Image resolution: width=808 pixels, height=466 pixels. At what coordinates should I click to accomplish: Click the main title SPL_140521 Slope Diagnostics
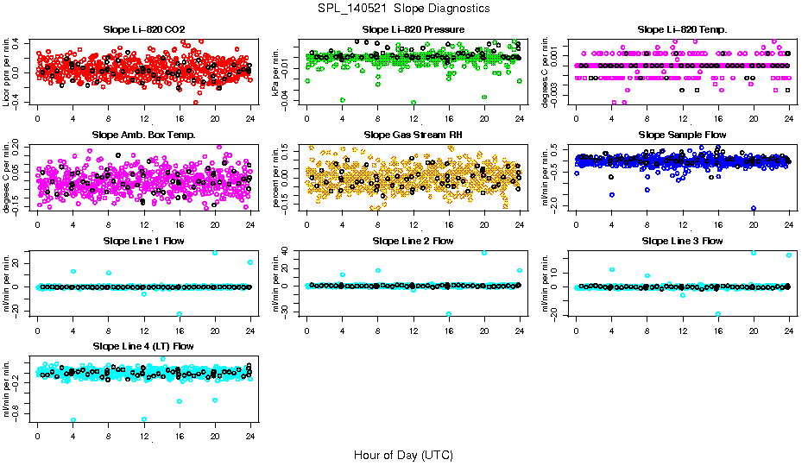[404, 9]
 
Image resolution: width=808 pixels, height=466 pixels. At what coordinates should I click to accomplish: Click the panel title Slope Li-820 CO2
[143, 29]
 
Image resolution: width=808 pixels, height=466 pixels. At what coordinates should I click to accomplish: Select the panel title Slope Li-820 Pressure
[413, 29]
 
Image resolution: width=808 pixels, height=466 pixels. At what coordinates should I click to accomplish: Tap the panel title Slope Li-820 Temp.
[682, 29]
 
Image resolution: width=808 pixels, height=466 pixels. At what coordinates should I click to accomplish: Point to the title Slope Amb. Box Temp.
[143, 135]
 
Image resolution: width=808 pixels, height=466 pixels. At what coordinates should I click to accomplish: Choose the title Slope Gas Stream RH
[413, 135]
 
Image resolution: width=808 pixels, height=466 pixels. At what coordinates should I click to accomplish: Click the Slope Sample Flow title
[682, 135]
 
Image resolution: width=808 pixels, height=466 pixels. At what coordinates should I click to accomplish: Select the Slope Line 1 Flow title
[143, 241]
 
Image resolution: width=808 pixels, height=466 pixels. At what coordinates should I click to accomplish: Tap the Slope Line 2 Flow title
[413, 241]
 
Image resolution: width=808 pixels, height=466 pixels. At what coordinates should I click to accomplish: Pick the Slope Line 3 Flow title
[682, 241]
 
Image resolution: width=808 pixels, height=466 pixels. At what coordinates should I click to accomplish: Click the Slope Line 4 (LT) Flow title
[143, 346]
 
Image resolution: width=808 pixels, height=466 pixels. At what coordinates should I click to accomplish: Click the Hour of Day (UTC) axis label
[403, 455]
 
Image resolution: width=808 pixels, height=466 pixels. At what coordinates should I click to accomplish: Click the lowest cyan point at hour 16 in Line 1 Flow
[180, 314]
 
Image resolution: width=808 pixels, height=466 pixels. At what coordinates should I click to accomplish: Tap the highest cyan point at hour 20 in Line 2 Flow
[484, 253]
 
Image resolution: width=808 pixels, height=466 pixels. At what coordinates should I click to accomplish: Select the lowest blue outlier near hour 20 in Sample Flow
[754, 209]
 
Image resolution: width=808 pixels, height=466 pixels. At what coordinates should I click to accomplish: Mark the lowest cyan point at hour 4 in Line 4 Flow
[73, 420]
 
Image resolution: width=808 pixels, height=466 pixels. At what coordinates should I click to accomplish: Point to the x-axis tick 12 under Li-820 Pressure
[413, 118]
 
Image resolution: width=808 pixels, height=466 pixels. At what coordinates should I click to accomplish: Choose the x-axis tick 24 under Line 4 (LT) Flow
[250, 435]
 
